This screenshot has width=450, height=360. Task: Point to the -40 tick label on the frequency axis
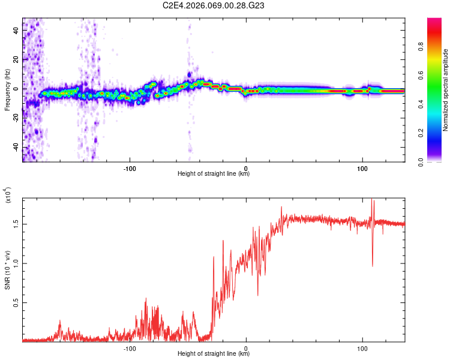[16, 147]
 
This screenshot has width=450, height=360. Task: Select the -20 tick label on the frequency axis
[16, 118]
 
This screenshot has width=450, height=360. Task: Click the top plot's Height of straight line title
[214, 173]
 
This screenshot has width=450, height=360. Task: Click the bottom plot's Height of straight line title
[214, 353]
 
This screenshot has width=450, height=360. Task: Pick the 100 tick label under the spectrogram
[362, 168]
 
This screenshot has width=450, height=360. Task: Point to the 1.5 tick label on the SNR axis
[16, 223]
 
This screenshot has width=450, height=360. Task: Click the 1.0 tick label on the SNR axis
[16, 263]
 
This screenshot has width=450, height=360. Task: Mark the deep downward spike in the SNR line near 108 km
[373, 266]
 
